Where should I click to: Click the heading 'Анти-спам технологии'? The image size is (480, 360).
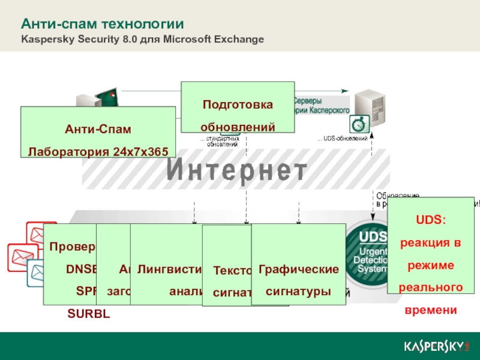pyautogui.click(x=102, y=25)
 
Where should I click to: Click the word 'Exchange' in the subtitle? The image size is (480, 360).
pyautogui.click(x=240, y=40)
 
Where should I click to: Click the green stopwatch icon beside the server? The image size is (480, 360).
pyautogui.click(x=358, y=123)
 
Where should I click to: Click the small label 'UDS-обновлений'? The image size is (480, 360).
pyautogui.click(x=344, y=139)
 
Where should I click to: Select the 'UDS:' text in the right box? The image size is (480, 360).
pyautogui.click(x=430, y=220)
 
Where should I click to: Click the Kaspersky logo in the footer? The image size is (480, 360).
pyautogui.click(x=436, y=347)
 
